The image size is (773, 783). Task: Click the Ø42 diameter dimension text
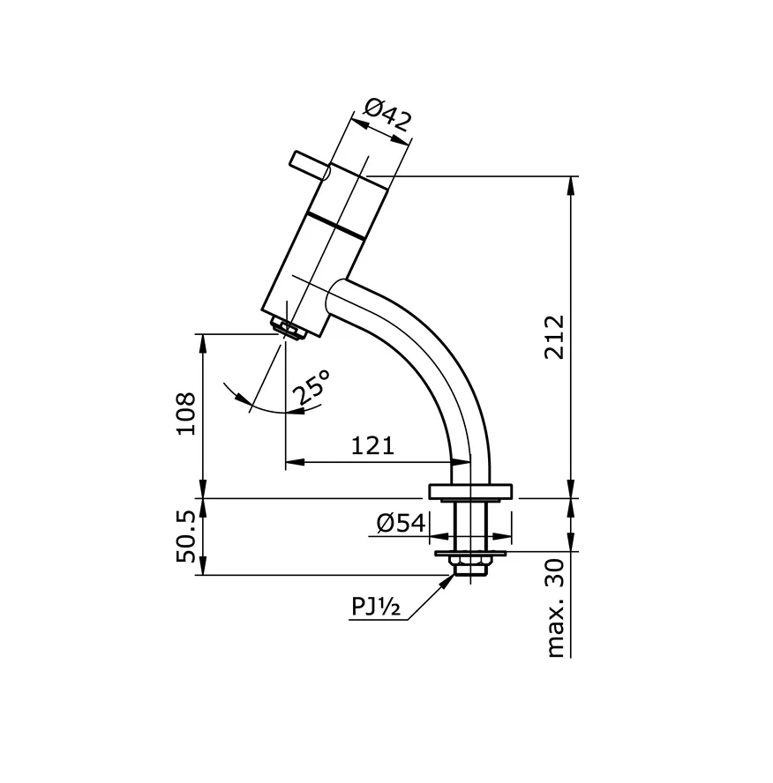pos(387,116)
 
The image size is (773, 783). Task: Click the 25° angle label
pos(312,387)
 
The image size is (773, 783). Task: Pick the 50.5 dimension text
pos(186,537)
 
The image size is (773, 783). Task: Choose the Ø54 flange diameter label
pos(401,523)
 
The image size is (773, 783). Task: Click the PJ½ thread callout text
pos(377,607)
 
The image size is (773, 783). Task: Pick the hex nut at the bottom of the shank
pos(469,565)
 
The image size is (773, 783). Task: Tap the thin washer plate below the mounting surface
pos(469,553)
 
